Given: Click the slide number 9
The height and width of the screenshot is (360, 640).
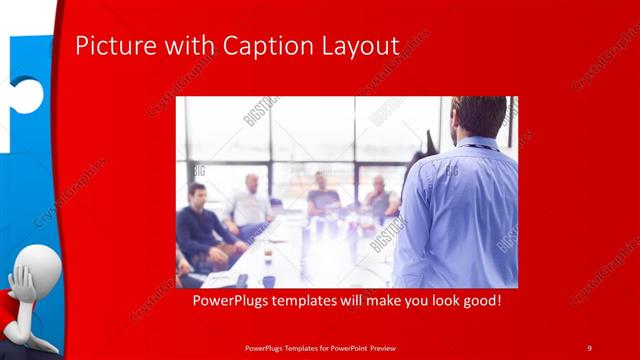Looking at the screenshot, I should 589,347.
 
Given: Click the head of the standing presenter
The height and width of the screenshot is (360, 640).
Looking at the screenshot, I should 478,116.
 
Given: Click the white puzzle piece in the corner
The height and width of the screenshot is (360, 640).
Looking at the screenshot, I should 25,20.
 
